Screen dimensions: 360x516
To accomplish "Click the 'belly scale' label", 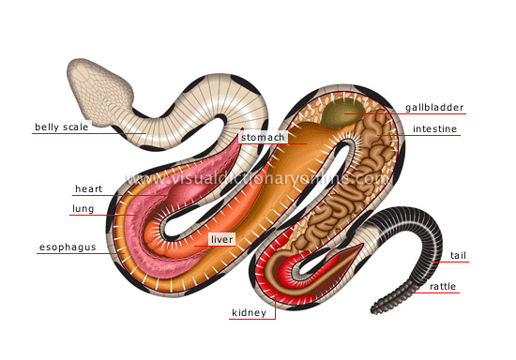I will [62, 127].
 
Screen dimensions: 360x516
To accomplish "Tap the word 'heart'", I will [89, 189].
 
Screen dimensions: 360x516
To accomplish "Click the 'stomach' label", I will [262, 137].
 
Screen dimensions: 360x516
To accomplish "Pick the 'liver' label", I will [220, 240].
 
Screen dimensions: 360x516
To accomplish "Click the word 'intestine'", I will [434, 128].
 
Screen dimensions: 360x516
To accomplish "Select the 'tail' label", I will [459, 255].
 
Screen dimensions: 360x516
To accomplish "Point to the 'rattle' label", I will [444, 285].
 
